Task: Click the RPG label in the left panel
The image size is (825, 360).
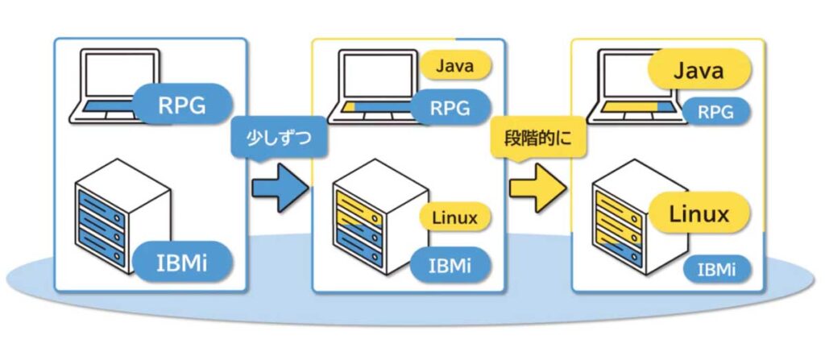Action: click(x=182, y=104)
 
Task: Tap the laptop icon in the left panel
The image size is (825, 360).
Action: click(x=113, y=87)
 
